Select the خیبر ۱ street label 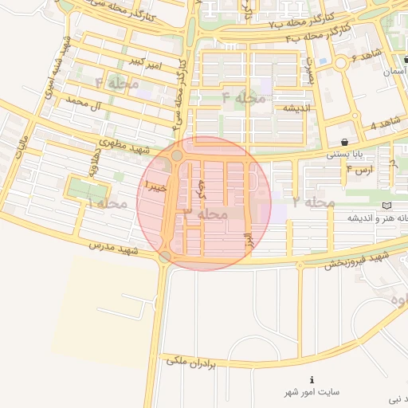[x=155, y=186]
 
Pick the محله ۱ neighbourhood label [x=108, y=205]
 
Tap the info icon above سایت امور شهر [x=312, y=379]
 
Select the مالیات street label [x=22, y=149]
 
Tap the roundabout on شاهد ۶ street [x=341, y=63]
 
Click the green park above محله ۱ [x=88, y=190]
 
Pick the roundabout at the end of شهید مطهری [x=176, y=156]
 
